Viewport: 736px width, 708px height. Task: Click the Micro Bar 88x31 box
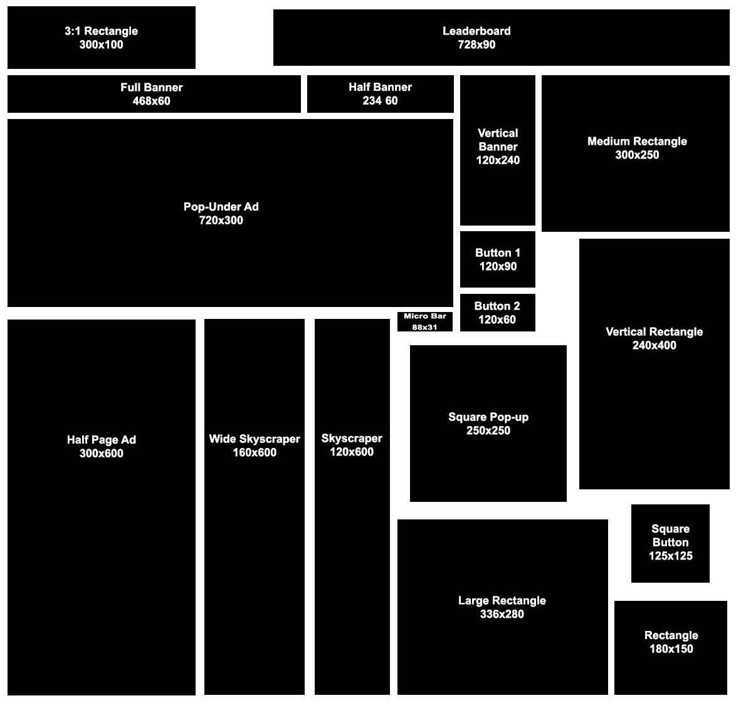pyautogui.click(x=424, y=321)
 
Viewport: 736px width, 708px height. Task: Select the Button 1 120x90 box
pyautogui.click(x=498, y=259)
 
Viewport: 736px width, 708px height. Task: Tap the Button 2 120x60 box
pyautogui.click(x=498, y=313)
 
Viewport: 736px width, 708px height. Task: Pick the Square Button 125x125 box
pyautogui.click(x=670, y=543)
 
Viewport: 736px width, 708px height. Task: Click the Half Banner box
pyautogui.click(x=380, y=94)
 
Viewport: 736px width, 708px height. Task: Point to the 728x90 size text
pyautogui.click(x=476, y=45)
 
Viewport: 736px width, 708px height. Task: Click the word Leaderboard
pyautogui.click(x=476, y=31)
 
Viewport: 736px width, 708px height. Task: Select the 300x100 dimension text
pyautogui.click(x=101, y=45)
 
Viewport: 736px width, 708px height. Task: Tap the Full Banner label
pyautogui.click(x=152, y=87)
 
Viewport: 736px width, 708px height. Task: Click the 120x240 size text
pyautogui.click(x=498, y=160)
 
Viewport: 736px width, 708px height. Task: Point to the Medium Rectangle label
pyautogui.click(x=637, y=141)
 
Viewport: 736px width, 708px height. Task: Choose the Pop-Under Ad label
pyautogui.click(x=221, y=206)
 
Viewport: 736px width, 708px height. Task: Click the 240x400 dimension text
pyautogui.click(x=654, y=345)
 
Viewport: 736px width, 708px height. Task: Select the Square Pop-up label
pyautogui.click(x=488, y=417)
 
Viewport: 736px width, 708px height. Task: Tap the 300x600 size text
pyautogui.click(x=101, y=454)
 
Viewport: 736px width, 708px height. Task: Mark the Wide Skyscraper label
pyautogui.click(x=255, y=439)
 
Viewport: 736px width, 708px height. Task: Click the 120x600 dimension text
pyautogui.click(x=352, y=452)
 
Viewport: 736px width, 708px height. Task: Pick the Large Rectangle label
pyautogui.click(x=502, y=600)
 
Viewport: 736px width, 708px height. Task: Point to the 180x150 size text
pyautogui.click(x=671, y=649)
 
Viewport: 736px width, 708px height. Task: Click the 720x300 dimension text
pyautogui.click(x=221, y=221)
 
